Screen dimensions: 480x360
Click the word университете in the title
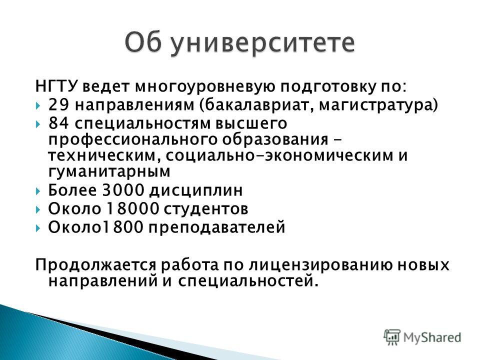262,43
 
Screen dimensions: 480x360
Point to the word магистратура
375,105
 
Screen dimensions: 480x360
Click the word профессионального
133,140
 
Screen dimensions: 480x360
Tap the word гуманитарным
109,171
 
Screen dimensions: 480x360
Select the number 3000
123,190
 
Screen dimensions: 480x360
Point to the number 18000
133,209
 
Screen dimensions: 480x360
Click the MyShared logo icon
392,337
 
